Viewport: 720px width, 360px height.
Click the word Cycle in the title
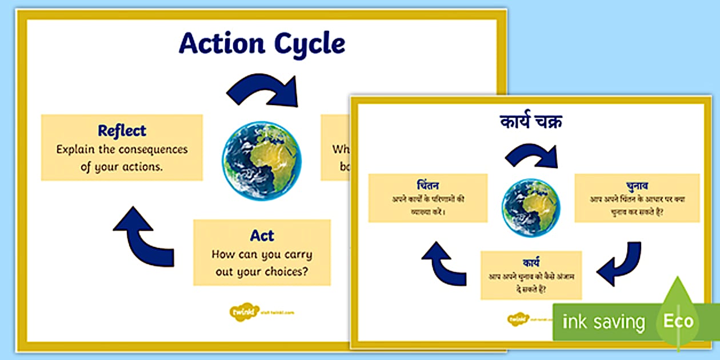[x=312, y=43]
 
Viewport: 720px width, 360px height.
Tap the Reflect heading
[x=122, y=130]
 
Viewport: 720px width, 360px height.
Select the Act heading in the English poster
[x=262, y=235]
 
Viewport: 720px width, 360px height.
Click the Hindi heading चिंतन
[x=427, y=185]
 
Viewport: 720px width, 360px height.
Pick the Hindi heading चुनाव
[x=637, y=185]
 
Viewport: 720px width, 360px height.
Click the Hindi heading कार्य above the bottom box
[x=531, y=262]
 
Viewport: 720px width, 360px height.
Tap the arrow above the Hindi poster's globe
[x=531, y=154]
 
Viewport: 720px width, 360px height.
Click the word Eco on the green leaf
[x=678, y=321]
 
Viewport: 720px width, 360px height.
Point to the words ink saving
[x=603, y=322]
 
